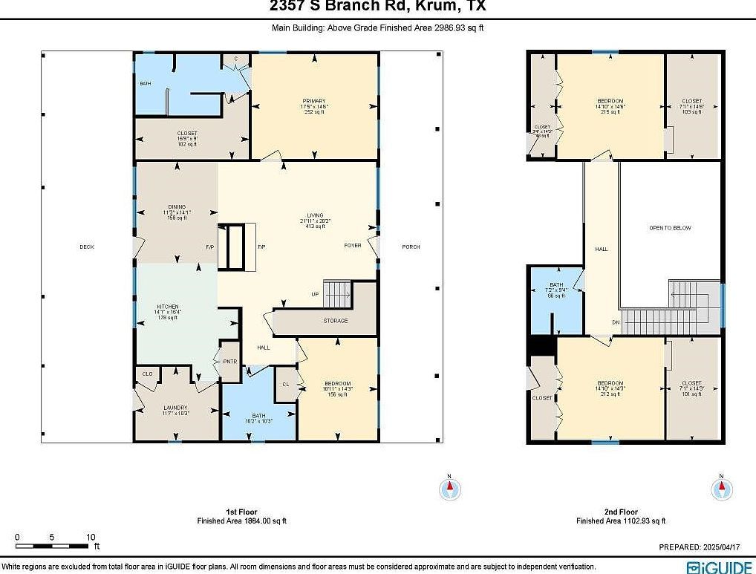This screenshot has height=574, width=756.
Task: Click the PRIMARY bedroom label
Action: pyautogui.click(x=313, y=101)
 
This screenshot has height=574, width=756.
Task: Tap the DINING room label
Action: pyautogui.click(x=177, y=207)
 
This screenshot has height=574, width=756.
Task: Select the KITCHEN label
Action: pyautogui.click(x=167, y=307)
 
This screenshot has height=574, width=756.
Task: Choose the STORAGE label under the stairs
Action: pyautogui.click(x=335, y=321)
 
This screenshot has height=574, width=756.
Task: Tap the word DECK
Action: pyautogui.click(x=87, y=247)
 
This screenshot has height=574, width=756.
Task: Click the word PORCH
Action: pyautogui.click(x=411, y=247)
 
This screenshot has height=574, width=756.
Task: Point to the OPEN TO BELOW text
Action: pyautogui.click(x=670, y=228)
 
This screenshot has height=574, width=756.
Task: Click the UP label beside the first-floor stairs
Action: pyautogui.click(x=315, y=295)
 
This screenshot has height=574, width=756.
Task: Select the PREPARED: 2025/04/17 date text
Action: pyautogui.click(x=700, y=547)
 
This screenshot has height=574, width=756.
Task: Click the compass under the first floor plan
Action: pyautogui.click(x=449, y=488)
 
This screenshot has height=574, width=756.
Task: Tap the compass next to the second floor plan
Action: pyautogui.click(x=720, y=488)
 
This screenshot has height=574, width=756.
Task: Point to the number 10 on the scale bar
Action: pyautogui.click(x=90, y=537)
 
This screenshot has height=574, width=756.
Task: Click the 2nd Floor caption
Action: pyautogui.click(x=620, y=512)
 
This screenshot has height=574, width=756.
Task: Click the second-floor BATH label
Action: pyautogui.click(x=556, y=286)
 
